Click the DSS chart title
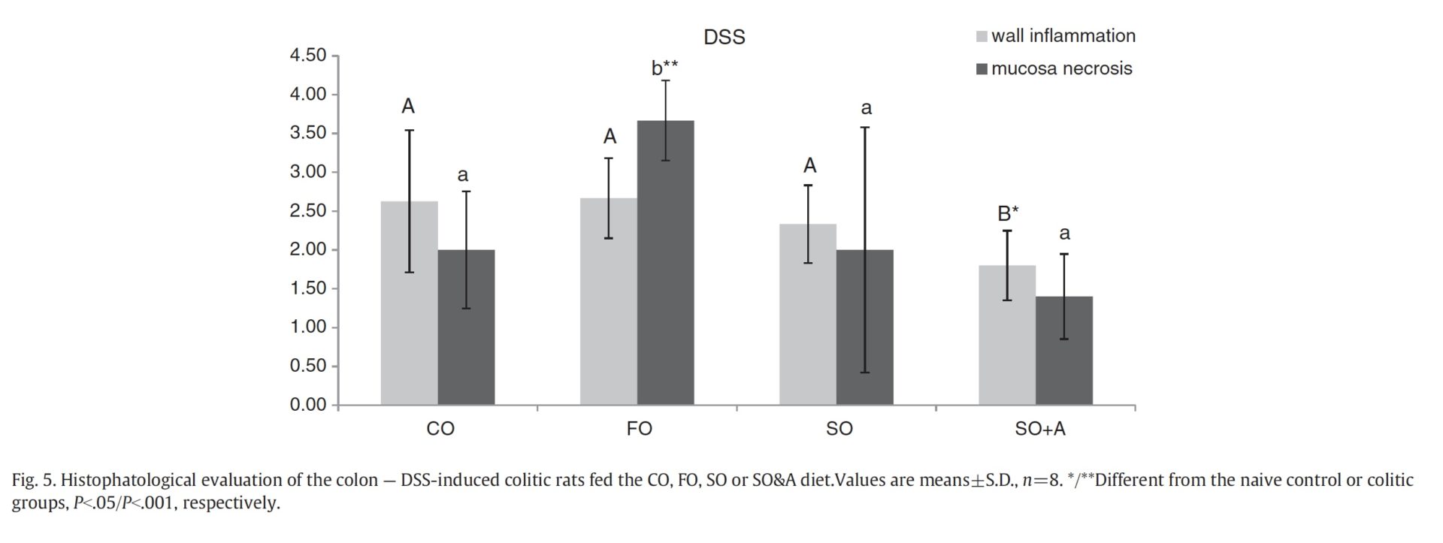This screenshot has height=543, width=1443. click(724, 38)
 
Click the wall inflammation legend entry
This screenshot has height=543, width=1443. click(1055, 36)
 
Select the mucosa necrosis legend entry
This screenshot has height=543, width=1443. click(1054, 69)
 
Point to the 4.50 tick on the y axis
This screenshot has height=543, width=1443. click(308, 56)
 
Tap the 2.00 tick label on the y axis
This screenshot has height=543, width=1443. click(308, 250)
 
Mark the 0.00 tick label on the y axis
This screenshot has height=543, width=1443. click(308, 406)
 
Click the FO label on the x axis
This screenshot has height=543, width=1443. click(639, 429)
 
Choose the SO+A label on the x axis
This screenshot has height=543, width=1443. click(1039, 429)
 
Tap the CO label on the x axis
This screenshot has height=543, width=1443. click(440, 429)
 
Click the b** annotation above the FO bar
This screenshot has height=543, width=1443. click(664, 68)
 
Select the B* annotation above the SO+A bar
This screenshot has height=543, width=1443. click(1008, 213)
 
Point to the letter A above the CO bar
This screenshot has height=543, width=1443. click(408, 107)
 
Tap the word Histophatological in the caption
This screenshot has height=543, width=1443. click(126, 480)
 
